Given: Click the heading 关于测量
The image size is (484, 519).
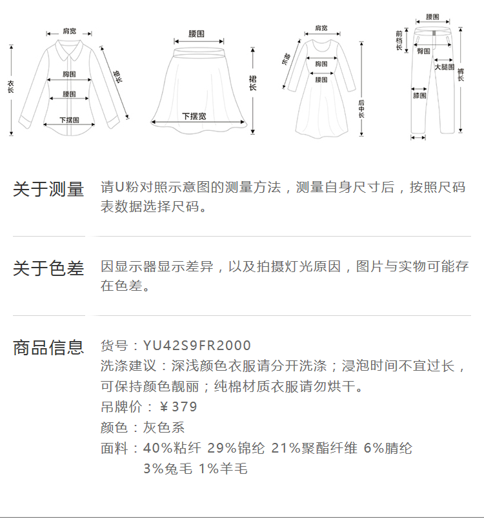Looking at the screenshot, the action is [x=48, y=190].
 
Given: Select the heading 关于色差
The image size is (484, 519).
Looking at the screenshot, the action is [x=48, y=268].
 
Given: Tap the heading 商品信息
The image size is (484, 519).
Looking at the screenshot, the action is [x=48, y=348].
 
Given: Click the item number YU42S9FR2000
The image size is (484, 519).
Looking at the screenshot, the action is [x=197, y=346].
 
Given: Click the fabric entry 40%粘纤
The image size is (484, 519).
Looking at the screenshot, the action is [x=172, y=448].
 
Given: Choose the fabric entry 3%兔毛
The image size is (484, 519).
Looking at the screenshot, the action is [x=167, y=469].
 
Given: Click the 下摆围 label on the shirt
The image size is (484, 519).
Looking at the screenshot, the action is [x=69, y=120].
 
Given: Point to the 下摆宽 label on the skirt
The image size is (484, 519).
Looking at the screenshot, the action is [x=194, y=116].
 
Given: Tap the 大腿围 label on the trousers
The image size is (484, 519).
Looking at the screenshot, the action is [x=443, y=67].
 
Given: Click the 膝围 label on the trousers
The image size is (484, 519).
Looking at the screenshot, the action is [x=419, y=95].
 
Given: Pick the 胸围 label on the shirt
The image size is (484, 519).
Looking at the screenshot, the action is [x=70, y=75].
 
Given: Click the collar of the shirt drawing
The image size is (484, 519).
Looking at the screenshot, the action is [x=67, y=46].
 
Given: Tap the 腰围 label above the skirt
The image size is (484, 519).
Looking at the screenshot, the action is [x=196, y=33].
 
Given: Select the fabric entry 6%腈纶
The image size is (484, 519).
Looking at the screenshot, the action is [x=388, y=448].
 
